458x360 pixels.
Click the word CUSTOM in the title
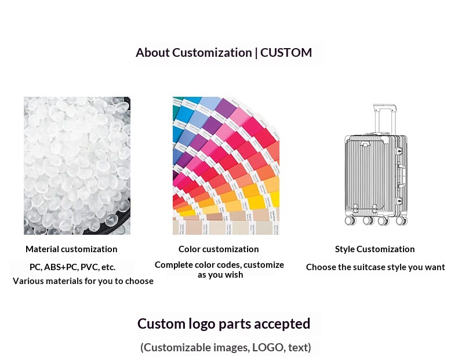(286, 53)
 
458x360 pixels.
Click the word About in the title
(152, 53)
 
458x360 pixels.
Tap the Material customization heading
(71, 249)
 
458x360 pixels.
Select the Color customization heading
(219, 249)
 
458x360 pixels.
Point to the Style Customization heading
(375, 249)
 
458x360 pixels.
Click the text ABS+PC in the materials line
(61, 267)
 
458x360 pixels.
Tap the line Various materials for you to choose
(83, 281)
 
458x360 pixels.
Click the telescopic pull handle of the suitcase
(385, 118)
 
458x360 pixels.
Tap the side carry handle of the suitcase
(402, 176)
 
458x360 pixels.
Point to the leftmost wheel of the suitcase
(350, 220)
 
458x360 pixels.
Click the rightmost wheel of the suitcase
(401, 220)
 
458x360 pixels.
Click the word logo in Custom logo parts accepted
(202, 324)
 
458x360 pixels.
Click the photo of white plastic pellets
(77, 166)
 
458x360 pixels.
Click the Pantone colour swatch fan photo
(226, 166)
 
